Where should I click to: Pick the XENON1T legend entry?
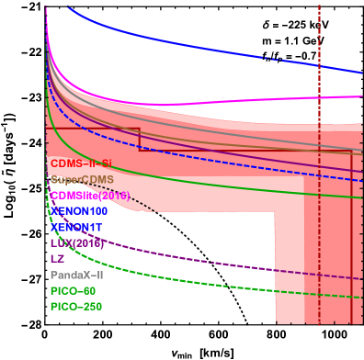(77, 227)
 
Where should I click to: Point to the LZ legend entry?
(58, 258)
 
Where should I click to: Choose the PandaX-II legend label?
(77, 275)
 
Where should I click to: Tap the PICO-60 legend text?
(73, 290)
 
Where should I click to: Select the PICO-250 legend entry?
(75, 306)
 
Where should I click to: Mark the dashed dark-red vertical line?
(319, 55)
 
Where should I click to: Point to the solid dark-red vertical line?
(352, 230)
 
